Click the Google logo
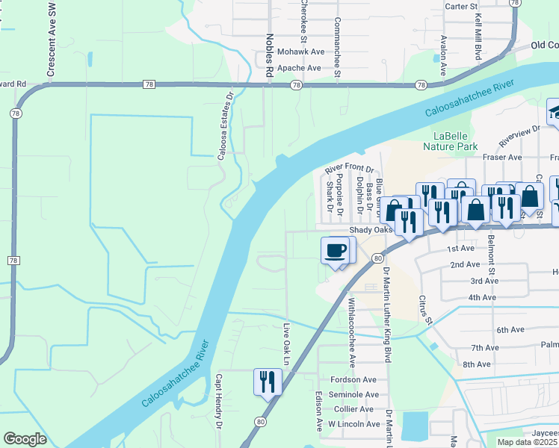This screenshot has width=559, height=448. [x=25, y=439]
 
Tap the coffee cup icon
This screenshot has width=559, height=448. [x=336, y=250]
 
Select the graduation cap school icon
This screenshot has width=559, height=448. [x=554, y=113]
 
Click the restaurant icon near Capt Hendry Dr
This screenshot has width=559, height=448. [x=266, y=382]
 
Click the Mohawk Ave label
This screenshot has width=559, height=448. [x=300, y=52]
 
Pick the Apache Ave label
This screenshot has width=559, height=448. [x=299, y=68]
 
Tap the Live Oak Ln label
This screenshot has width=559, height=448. [x=286, y=344]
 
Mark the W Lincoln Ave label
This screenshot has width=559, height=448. [x=352, y=424]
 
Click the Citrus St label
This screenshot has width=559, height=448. [x=426, y=309]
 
